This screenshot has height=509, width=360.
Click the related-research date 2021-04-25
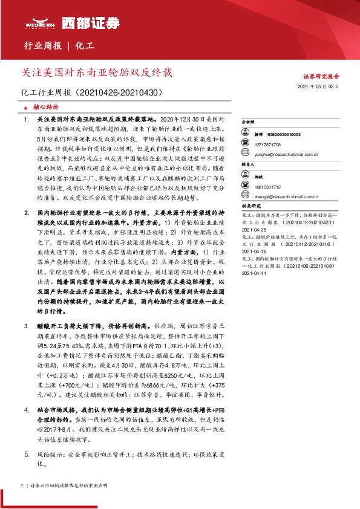click(x=255, y=229)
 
